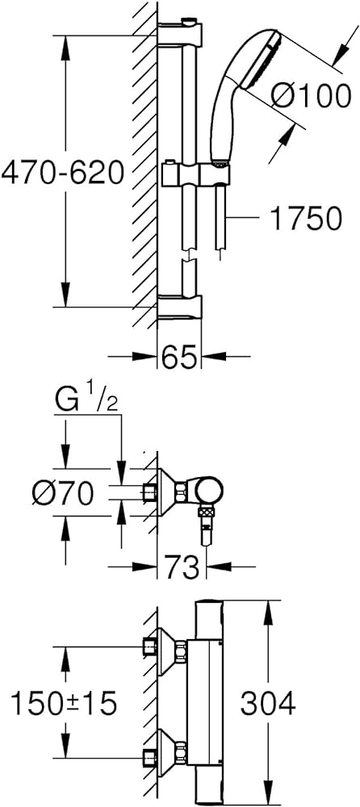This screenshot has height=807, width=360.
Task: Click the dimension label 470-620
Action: [x=62, y=173]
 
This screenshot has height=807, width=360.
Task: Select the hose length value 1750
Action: [x=306, y=218]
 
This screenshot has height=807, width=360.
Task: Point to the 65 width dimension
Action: [x=178, y=356]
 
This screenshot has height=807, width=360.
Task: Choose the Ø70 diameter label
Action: [x=62, y=494]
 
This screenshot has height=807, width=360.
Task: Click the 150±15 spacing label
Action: [x=63, y=703]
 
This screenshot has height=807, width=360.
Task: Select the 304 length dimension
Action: [x=268, y=703]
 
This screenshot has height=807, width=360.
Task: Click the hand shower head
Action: [x=242, y=93]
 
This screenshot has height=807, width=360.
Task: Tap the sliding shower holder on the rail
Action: [x=195, y=175]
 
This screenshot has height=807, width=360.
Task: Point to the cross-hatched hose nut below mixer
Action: [x=206, y=513]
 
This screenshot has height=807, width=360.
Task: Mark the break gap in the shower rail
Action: [x=190, y=256]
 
